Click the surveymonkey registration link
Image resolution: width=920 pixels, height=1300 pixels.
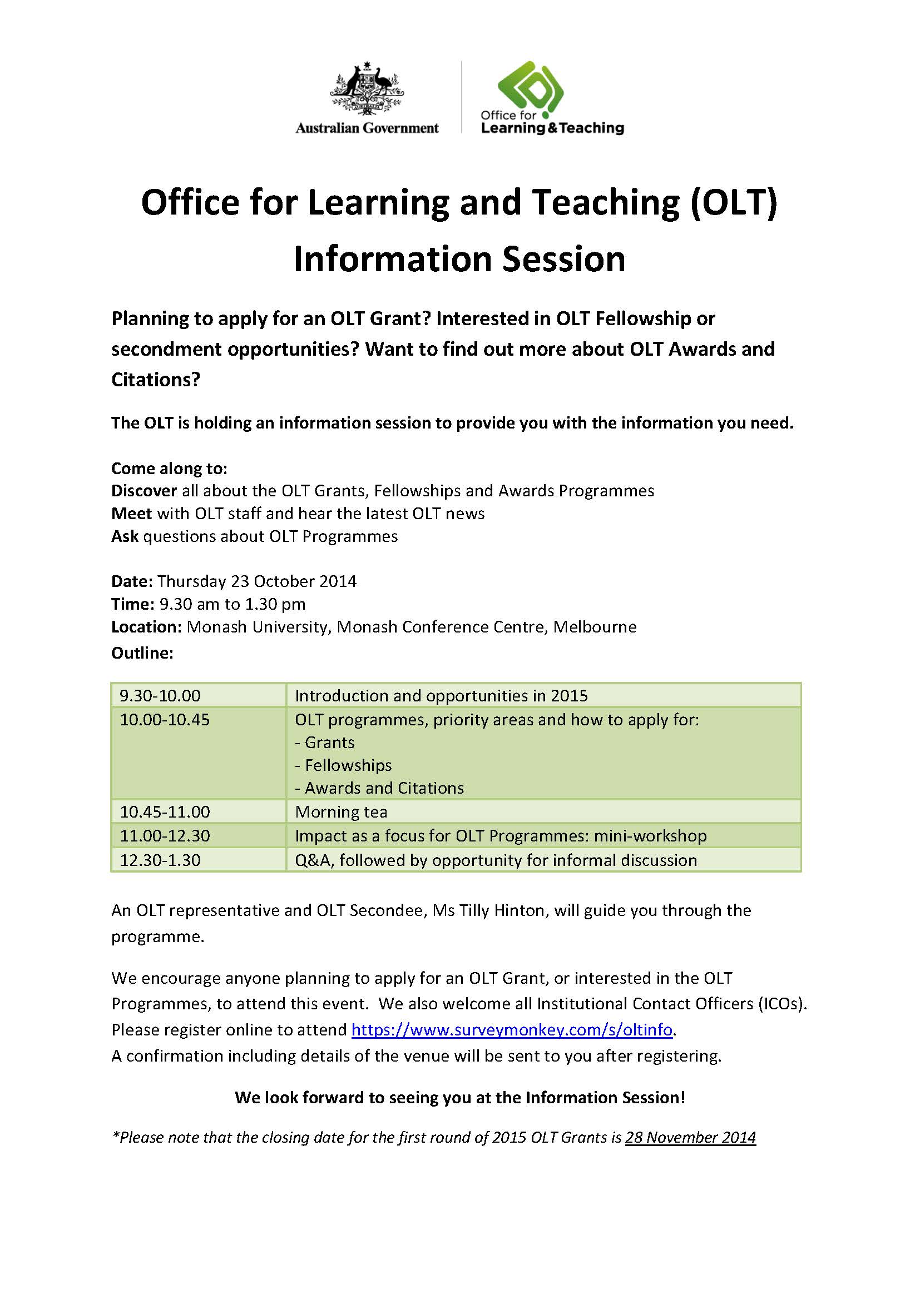512,1029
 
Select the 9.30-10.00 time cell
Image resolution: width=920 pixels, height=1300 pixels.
160,695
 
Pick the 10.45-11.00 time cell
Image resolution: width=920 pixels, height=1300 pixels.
165,811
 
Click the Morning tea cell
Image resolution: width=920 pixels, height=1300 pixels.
341,811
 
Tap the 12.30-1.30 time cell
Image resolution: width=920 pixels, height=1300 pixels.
160,860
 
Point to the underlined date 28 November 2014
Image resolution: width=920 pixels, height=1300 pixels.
690,1137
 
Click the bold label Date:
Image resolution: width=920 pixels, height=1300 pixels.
131,581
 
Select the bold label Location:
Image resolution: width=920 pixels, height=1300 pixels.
146,626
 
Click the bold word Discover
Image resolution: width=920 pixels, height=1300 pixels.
144,490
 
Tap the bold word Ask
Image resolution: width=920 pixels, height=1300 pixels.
125,536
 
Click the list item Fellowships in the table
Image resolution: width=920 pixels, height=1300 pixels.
348,765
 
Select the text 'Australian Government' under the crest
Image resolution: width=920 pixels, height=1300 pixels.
367,128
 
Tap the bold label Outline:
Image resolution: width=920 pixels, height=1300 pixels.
142,653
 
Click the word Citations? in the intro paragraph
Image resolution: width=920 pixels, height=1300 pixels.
156,379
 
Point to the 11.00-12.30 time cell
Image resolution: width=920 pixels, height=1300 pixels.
165,836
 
